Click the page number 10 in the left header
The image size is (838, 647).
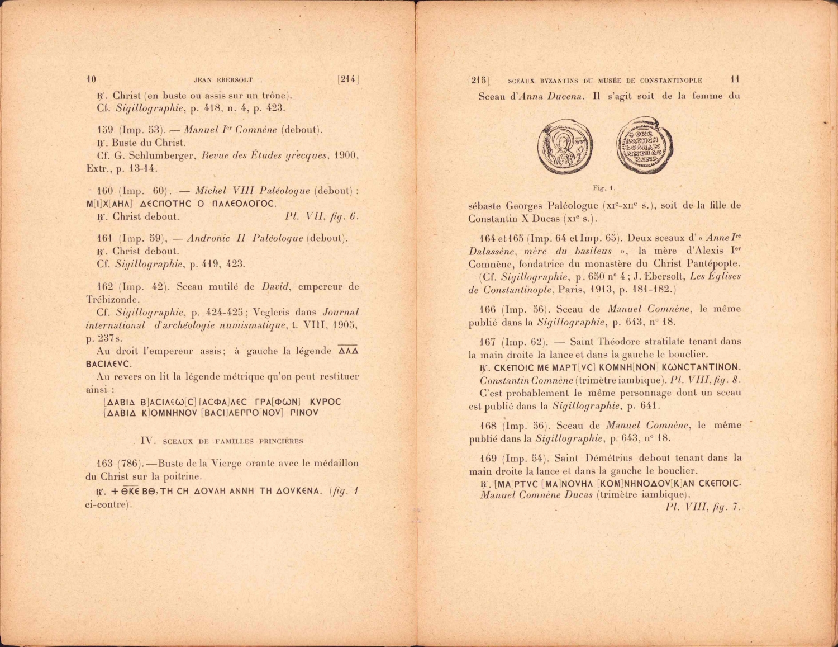tap(92, 79)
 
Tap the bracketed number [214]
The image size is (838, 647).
tap(347, 79)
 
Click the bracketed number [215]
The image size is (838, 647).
tap(478, 80)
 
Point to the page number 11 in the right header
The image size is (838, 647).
tap(735, 79)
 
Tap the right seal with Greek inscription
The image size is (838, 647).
tap(644, 147)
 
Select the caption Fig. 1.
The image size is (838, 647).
tap(604, 188)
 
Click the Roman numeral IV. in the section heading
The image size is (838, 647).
tap(147, 441)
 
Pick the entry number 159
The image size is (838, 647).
tap(105, 130)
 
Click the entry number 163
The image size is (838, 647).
tap(104, 463)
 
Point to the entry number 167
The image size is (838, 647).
tap(488, 342)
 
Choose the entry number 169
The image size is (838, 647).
tap(488, 458)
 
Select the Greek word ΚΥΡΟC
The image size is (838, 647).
tap(325, 402)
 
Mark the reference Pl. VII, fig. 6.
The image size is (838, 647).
tap(321, 216)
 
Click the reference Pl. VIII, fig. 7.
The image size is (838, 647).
tap(703, 507)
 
